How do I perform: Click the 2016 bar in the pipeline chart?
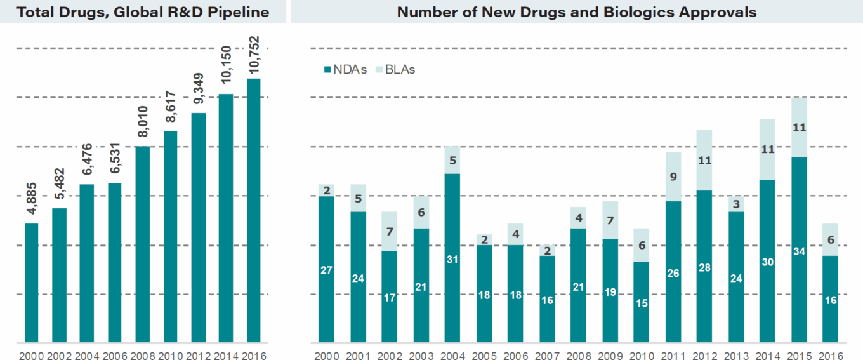click(x=254, y=210)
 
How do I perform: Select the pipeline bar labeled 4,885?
click(x=32, y=283)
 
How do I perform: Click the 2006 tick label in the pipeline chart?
click(x=114, y=354)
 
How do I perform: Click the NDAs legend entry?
click(x=346, y=70)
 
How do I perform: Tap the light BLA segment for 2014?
click(x=768, y=149)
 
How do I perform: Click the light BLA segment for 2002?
click(x=390, y=231)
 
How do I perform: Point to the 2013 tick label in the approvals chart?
click(x=736, y=354)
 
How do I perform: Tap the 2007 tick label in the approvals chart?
click(x=547, y=354)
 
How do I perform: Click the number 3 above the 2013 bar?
click(x=736, y=204)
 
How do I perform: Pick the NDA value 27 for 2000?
click(x=326, y=269)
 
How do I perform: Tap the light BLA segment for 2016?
click(x=831, y=239)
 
